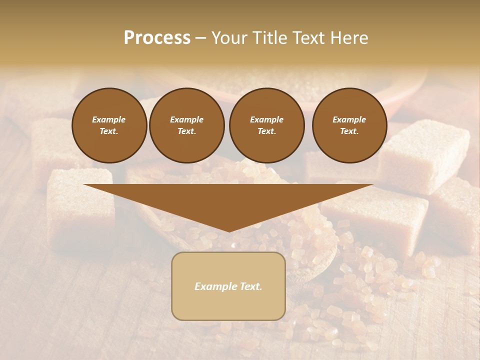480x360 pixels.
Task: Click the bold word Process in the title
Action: (157, 38)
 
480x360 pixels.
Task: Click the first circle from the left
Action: (109, 125)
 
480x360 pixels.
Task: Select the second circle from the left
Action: (186, 125)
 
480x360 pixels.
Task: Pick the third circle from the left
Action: (266, 125)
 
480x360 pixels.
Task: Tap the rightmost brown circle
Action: (349, 125)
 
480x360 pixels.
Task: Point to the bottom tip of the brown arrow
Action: (229, 231)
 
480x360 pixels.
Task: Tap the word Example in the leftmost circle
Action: (109, 119)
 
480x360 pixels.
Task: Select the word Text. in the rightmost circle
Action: (349, 131)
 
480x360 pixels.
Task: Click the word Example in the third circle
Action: (266, 119)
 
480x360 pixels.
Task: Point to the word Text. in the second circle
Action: (186, 131)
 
